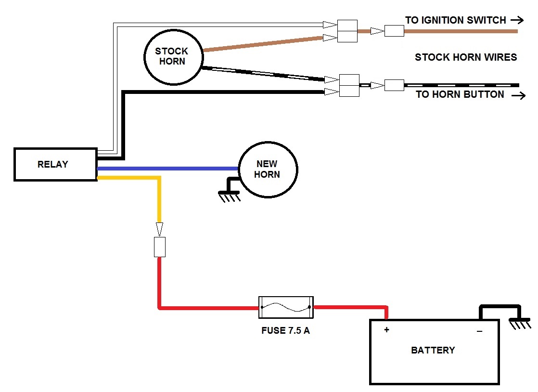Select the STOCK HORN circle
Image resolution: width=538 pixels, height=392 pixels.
click(x=172, y=57)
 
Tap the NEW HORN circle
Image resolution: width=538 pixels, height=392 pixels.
click(x=268, y=169)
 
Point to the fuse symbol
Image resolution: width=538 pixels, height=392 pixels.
click(x=286, y=307)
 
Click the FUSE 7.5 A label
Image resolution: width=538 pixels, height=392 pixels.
click(x=285, y=331)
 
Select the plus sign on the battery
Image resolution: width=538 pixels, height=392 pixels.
click(x=386, y=330)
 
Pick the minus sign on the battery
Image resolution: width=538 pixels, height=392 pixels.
click(x=479, y=331)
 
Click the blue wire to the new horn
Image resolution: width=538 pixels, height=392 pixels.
click(x=168, y=169)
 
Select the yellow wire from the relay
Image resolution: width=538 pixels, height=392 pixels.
click(x=159, y=197)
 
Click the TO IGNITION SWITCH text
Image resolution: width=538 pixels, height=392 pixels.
click(x=455, y=20)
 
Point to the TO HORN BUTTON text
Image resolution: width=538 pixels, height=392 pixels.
click(x=460, y=94)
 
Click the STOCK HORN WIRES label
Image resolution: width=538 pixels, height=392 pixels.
click(x=465, y=57)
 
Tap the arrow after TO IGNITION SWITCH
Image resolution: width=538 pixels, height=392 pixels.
click(x=517, y=20)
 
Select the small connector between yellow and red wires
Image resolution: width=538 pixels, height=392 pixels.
click(x=159, y=247)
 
